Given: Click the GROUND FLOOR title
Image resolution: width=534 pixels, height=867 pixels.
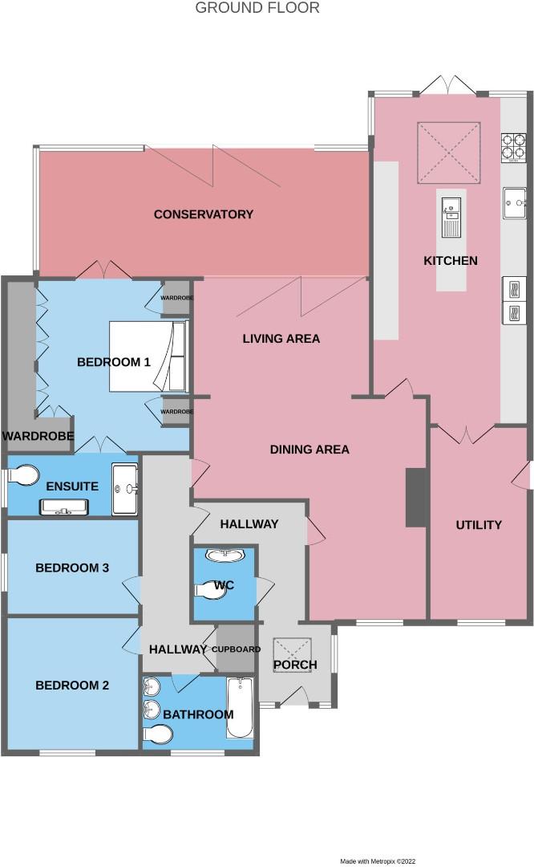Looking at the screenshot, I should tap(257, 8).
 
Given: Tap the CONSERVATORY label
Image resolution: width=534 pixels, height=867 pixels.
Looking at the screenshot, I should tap(204, 214).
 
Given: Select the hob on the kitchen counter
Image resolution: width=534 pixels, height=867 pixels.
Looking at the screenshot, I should tap(513, 146).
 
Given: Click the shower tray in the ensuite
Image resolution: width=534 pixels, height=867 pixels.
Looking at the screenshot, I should tap(124, 486).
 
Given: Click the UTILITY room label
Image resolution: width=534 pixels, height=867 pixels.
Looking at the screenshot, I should tap(479, 525).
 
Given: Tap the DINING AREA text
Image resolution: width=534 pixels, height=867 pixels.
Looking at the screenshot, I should tap(309, 450).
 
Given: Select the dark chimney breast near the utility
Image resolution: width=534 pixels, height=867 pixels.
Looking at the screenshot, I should tap(415, 498).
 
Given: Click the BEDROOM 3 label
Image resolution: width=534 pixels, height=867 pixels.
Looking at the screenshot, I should tap(72, 568).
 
